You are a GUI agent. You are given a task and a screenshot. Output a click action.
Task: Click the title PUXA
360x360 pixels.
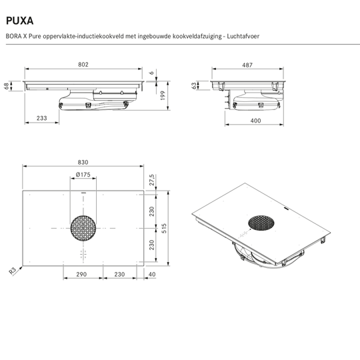[x=21, y=20]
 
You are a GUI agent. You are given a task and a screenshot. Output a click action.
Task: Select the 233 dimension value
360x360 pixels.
[x=41, y=117]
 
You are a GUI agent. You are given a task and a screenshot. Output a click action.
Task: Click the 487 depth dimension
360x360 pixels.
[x=247, y=65]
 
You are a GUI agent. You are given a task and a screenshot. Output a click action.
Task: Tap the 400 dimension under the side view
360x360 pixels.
[x=256, y=121]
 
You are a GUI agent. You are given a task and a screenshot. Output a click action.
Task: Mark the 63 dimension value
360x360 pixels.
[x=195, y=85]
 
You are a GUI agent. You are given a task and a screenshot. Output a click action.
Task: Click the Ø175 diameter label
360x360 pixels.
[x=83, y=175]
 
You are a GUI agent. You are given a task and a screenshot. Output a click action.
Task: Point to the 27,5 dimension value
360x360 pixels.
[x=153, y=181]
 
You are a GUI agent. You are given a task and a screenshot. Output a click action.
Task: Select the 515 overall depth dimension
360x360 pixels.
[x=172, y=228]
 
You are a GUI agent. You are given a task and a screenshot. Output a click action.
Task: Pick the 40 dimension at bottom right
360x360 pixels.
[x=153, y=273]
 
